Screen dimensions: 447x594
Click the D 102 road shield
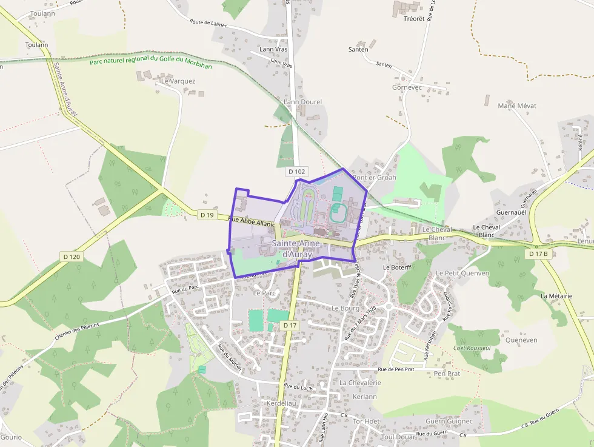coord(296,172)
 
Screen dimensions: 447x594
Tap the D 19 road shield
coord(207,215)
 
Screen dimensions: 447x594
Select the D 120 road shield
coord(72,257)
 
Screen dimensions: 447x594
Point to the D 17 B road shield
coord(538,254)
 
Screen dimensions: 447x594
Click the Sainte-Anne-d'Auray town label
coord(293,249)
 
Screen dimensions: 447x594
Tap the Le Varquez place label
coord(178,81)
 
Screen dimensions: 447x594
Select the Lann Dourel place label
coord(302,102)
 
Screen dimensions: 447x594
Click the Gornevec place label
coord(407,87)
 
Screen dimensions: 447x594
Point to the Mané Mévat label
coord(516,106)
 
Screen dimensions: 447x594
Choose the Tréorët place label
coord(414,19)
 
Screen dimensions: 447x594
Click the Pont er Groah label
coord(375,178)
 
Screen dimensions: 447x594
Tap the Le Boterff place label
coord(397,267)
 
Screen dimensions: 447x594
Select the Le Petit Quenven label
coord(462,274)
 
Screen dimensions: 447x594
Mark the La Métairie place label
coord(556,296)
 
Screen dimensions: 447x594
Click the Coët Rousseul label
coord(472,348)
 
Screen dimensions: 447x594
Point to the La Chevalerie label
coord(360,383)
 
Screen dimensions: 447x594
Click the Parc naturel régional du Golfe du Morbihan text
coord(151,62)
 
